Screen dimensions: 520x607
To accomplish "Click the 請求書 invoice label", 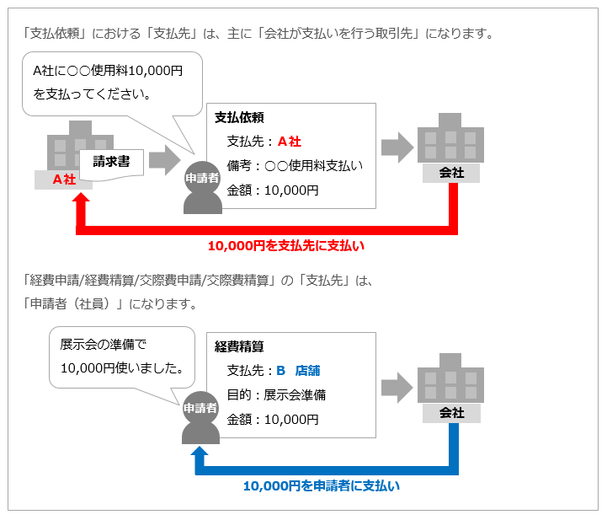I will pos(111,161).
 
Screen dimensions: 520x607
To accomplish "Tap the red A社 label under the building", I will pos(64,179).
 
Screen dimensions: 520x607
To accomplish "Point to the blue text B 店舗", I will pos(298,370).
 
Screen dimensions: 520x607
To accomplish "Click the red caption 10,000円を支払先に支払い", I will pos(286,246).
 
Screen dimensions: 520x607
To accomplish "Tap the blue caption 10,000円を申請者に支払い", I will pos(322,485).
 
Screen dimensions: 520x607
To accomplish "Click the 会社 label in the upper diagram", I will pos(451,173).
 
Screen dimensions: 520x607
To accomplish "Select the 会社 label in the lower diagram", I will pos(451,413).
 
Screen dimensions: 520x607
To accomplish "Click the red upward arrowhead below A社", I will pos(81,202).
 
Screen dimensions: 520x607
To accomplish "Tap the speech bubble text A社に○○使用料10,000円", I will pos(107,70).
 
